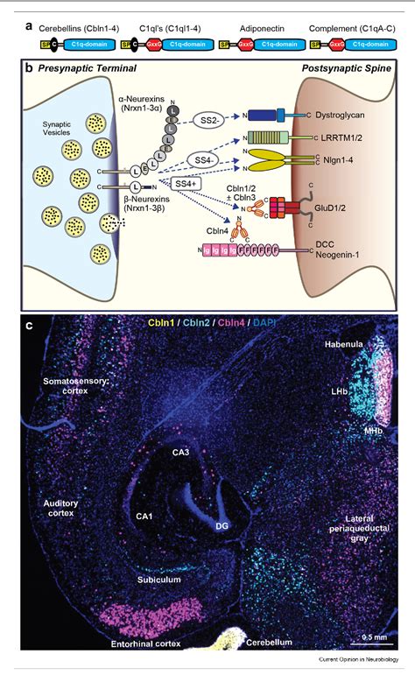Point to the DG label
coord(223,525)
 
